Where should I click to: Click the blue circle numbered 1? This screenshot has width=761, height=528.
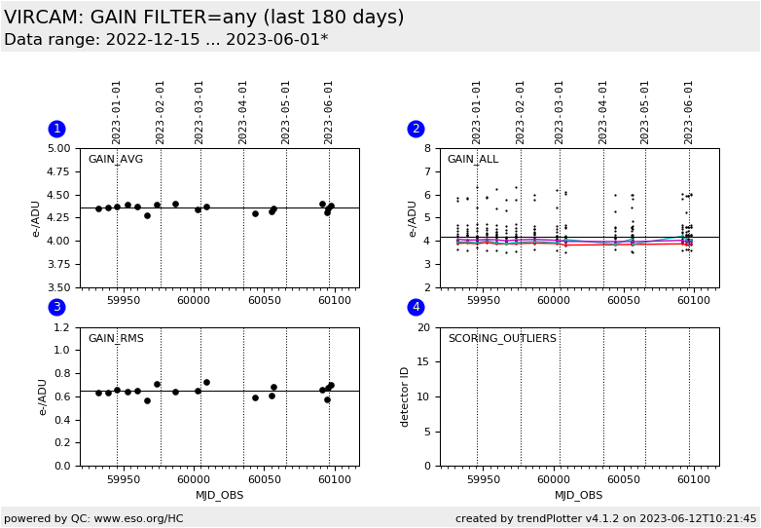tap(56, 129)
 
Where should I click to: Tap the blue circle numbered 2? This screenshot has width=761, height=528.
tap(416, 129)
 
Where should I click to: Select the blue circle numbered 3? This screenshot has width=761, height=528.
tap(56, 307)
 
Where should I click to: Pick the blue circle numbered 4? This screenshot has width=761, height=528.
tap(416, 307)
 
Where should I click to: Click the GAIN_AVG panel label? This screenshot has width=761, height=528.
tap(115, 160)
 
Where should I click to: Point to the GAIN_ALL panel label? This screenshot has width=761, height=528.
tap(472, 160)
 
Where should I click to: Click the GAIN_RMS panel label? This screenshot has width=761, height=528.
tap(115, 339)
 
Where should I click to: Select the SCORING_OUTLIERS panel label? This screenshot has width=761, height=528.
tap(502, 339)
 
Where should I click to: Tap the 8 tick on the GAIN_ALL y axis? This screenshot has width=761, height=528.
tap(427, 149)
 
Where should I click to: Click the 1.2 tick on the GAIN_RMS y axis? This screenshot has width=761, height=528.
tap(61, 327)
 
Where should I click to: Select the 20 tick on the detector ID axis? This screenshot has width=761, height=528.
tap(423, 327)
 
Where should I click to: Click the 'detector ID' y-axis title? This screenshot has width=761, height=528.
tap(406, 396)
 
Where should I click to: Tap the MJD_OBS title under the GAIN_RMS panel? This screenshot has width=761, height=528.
tap(220, 495)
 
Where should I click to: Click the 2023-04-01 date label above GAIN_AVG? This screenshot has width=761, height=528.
tap(243, 112)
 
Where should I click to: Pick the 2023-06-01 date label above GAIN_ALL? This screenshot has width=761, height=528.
tap(688, 112)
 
